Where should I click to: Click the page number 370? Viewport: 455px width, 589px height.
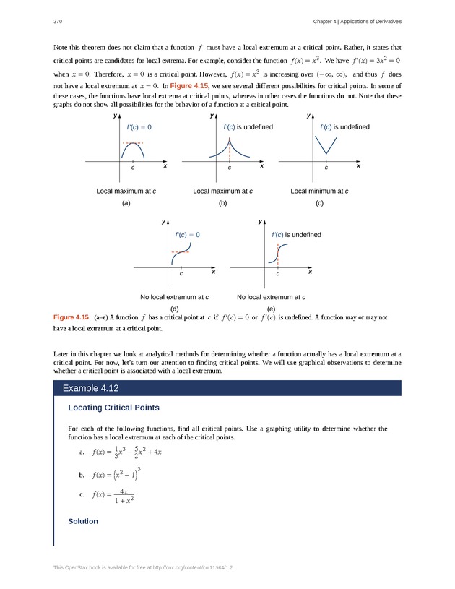point(58,20)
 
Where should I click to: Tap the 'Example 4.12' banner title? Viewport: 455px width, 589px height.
point(90,388)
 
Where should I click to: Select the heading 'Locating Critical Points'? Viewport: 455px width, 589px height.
point(113,408)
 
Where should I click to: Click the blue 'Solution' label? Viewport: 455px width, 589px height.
point(82,521)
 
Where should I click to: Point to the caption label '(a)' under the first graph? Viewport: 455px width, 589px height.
point(126,204)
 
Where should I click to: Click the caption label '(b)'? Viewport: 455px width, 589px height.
point(223,204)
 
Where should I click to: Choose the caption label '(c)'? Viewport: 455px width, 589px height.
point(320,204)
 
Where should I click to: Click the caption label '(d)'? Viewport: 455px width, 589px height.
point(174,309)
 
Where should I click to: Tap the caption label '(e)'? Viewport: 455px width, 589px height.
point(271,309)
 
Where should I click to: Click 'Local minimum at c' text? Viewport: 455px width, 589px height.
point(319,191)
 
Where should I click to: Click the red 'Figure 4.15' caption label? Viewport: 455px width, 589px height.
point(71,317)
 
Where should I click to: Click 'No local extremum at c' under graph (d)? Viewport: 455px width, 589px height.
point(174,297)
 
